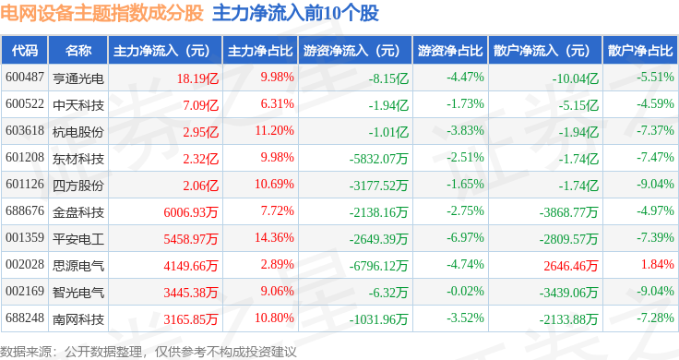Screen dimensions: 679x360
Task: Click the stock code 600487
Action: [x=25, y=78]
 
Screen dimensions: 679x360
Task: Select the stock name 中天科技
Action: [x=78, y=105]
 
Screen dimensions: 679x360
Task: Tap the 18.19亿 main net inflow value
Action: [x=197, y=78]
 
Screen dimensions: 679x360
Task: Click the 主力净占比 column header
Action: [x=260, y=51]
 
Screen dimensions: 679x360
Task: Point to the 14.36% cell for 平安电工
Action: [x=274, y=238]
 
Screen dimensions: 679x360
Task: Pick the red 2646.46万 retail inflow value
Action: [x=571, y=266]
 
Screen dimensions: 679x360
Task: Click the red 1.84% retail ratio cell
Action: [x=658, y=264]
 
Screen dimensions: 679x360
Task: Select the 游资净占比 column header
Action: [x=450, y=51]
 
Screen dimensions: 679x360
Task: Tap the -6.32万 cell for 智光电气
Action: [x=388, y=293]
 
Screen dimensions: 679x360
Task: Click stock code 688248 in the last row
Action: [x=25, y=318]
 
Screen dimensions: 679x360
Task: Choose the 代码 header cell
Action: [x=25, y=51]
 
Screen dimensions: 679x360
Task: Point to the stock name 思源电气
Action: [x=78, y=266]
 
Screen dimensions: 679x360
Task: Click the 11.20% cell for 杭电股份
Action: [x=274, y=131]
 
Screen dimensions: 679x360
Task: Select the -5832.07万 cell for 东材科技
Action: [x=378, y=159]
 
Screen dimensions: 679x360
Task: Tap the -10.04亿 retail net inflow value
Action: [x=575, y=78]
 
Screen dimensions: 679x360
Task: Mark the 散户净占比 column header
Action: [x=640, y=51]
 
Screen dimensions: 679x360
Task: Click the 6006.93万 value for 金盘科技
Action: [x=191, y=212]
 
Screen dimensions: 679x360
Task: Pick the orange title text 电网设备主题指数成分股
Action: [x=101, y=13]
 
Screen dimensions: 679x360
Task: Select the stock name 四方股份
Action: [x=78, y=186]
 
